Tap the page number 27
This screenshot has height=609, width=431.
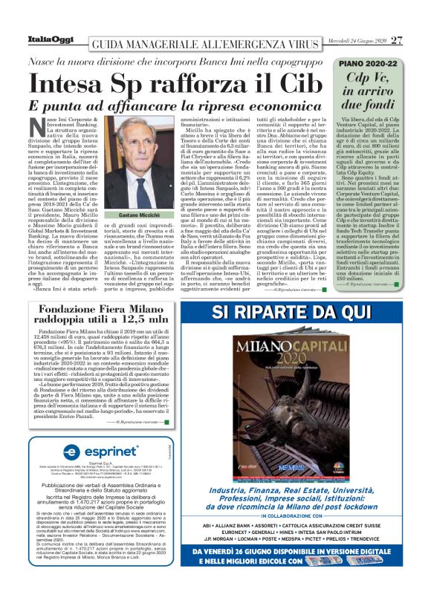[x=397, y=40]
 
